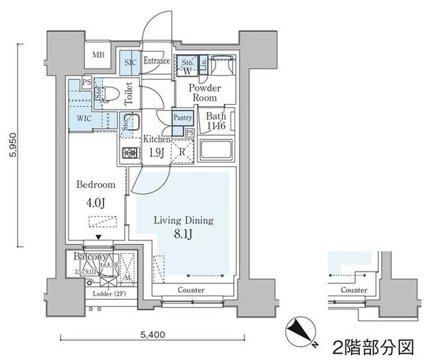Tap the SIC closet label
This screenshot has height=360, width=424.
pyautogui.click(x=129, y=62)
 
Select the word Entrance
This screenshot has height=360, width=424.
pyautogui.click(x=156, y=62)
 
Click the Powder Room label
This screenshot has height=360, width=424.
pyautogui.click(x=205, y=93)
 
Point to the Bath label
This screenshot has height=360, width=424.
pyautogui.click(x=217, y=121)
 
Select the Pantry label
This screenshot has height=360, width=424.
pyautogui.click(x=183, y=119)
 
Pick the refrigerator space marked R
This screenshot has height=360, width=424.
pyautogui.click(x=182, y=150)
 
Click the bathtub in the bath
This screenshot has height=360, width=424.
pyautogui.click(x=218, y=151)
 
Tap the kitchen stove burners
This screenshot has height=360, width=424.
pyautogui.click(x=131, y=152)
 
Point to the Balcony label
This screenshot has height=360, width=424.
pyautogui.click(x=90, y=257)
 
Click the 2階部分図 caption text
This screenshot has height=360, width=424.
pyautogui.click(x=372, y=347)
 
